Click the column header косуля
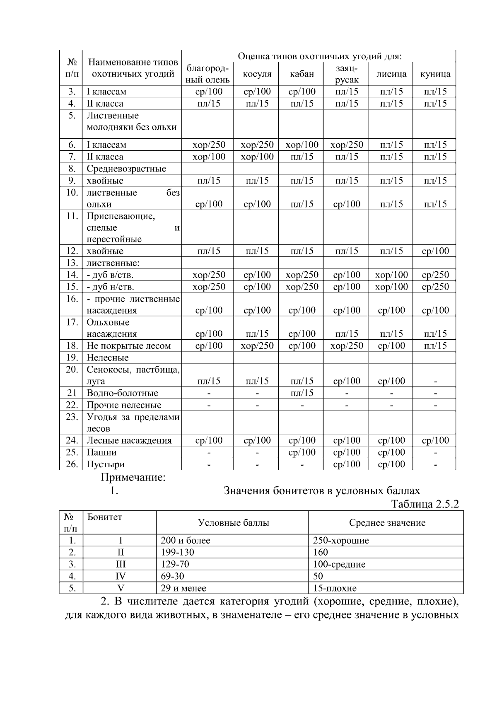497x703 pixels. click(257, 74)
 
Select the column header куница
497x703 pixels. click(435, 74)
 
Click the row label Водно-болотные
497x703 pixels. click(122, 393)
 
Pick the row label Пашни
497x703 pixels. click(101, 452)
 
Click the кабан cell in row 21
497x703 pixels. click(302, 393)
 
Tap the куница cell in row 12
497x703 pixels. click(435, 251)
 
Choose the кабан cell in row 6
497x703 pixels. click(302, 145)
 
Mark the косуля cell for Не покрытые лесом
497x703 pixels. click(257, 346)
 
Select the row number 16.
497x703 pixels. click(72, 299)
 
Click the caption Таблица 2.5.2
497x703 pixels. click(425, 504)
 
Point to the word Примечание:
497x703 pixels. click(133, 477)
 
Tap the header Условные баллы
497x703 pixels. click(233, 523)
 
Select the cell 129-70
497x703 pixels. click(175, 564)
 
